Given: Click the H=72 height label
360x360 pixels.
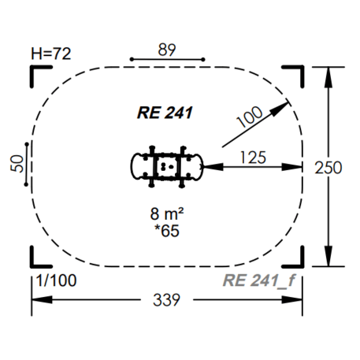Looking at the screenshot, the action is point(51,54).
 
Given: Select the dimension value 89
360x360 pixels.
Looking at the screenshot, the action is point(167,50).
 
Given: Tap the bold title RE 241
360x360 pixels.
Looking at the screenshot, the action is point(165,113).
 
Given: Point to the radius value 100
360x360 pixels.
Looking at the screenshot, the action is point(250,117).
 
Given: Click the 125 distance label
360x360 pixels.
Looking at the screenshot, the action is point(253,158).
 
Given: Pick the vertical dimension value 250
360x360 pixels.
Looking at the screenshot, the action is point(328,168).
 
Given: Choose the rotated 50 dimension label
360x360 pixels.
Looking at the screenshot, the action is point(17,164).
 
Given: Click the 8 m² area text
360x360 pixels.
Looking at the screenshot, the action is point(167,213).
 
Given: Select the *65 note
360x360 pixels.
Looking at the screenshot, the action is point(167,231).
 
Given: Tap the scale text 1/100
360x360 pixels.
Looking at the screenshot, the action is point(57,280).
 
